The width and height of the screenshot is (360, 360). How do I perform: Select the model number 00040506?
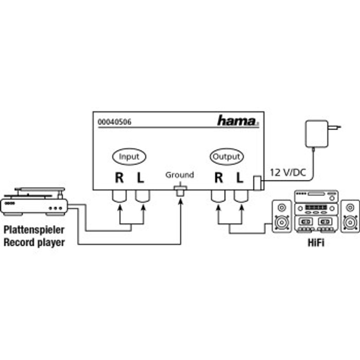click(115, 122)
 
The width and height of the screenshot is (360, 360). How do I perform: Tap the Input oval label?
click(129, 156)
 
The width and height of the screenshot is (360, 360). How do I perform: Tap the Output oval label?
click(227, 156)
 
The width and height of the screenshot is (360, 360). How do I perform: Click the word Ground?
click(180, 175)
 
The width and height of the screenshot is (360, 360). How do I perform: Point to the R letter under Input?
click(119, 178)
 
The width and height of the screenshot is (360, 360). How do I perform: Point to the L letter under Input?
click(141, 178)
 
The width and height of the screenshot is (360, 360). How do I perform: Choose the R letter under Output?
click(219, 178)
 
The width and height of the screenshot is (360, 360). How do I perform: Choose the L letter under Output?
click(240, 178)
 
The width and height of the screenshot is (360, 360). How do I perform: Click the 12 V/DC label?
click(288, 172)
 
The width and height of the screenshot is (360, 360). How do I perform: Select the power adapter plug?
click(322, 134)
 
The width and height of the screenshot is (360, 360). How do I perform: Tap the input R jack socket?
click(120, 196)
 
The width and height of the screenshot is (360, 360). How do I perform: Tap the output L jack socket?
click(241, 196)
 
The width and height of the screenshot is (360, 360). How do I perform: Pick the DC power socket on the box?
click(257, 183)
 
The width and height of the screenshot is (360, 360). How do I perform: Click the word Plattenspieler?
click(34, 230)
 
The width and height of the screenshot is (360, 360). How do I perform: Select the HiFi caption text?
click(316, 243)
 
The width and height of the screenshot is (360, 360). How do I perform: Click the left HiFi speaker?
click(282, 216)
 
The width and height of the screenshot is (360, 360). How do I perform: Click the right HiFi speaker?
click(350, 216)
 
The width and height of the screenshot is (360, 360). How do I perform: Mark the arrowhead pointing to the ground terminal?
click(181, 201)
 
